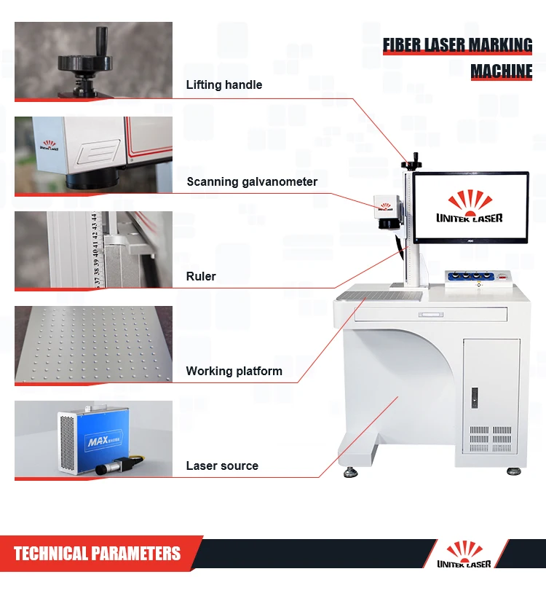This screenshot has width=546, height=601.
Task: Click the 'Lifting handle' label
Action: tap(223, 85)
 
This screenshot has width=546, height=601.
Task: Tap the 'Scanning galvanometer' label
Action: tap(252, 181)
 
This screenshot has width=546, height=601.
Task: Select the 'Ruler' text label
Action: tap(201, 277)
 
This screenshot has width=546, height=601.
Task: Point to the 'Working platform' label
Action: tap(234, 372)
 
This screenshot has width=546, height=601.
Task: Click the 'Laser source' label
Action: tap(222, 466)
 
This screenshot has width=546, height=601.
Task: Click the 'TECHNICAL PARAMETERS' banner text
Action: tap(97, 554)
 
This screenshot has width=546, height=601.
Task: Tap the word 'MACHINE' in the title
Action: tap(501, 71)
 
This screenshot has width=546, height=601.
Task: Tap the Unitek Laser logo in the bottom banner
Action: tap(464, 555)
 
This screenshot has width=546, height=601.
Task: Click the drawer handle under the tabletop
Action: tap(430, 315)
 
